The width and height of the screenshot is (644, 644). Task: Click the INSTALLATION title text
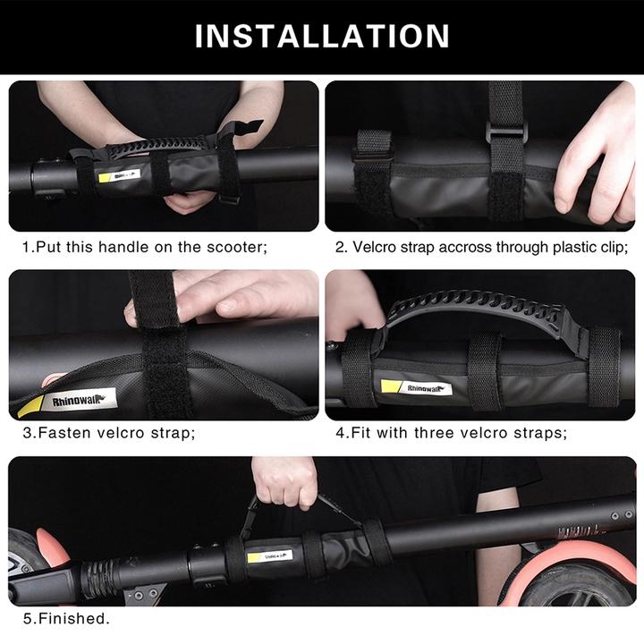click(322, 36)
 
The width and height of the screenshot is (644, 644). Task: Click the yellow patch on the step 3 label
click(30, 408)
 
